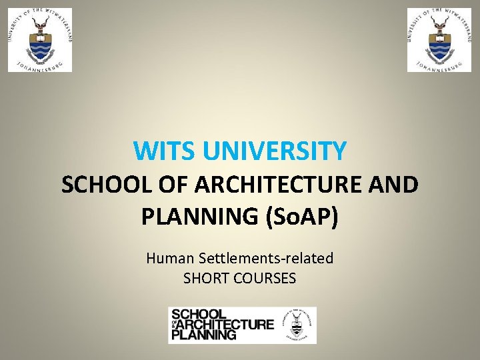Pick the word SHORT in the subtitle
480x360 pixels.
pos(203,278)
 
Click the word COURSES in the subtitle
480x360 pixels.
pos(265,278)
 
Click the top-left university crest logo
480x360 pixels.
pos(40,40)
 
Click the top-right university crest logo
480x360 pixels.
pos(439,40)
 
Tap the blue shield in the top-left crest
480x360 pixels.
pos(40,47)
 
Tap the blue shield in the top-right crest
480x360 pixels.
pos(439,47)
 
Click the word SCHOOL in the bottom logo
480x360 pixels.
pos(199,314)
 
